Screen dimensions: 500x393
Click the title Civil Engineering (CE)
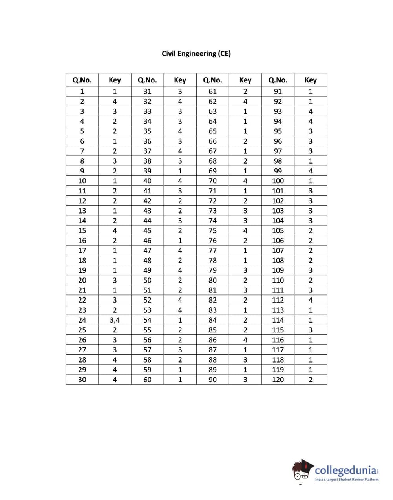(x=196, y=53)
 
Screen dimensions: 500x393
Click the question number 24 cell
(x=82, y=320)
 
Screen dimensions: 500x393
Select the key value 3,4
(x=115, y=320)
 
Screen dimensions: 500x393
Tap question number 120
(x=278, y=380)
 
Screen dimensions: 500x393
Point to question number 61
(x=212, y=91)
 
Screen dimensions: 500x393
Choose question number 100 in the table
(x=278, y=181)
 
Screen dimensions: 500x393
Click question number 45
(x=147, y=231)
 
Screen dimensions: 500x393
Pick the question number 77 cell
(x=212, y=250)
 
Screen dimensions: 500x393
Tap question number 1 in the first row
(x=82, y=91)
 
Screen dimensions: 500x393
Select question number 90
(x=212, y=380)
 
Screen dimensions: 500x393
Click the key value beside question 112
(x=311, y=300)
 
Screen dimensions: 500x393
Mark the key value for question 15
(x=115, y=231)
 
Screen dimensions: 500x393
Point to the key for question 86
(x=245, y=340)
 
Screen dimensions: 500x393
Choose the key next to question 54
(x=180, y=320)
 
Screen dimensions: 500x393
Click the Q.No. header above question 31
(x=147, y=80)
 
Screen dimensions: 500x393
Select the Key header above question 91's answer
(x=311, y=80)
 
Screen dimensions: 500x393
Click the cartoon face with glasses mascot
(x=302, y=471)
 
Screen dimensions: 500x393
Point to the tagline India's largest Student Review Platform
(x=347, y=480)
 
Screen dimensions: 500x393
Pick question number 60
(x=147, y=380)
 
